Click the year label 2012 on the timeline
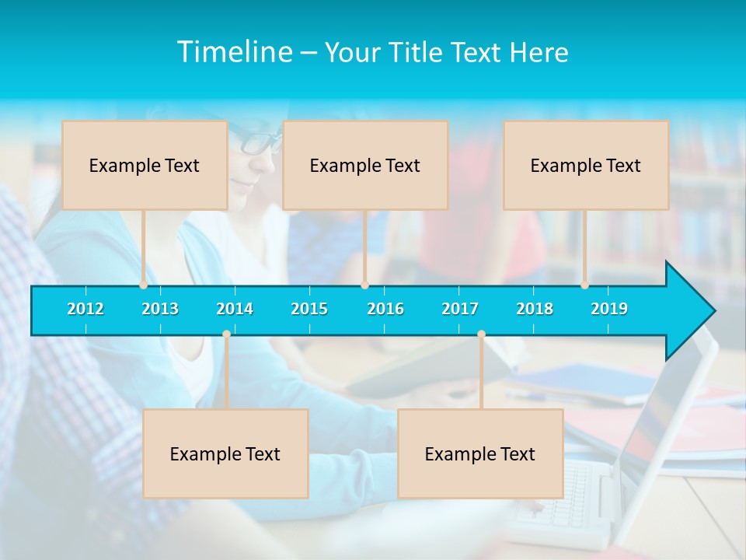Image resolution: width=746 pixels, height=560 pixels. [85, 309]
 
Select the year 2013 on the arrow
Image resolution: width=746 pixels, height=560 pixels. [160, 309]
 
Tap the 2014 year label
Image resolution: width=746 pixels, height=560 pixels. [235, 309]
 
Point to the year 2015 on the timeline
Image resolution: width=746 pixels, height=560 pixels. [309, 309]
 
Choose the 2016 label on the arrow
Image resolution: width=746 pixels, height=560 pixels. [385, 309]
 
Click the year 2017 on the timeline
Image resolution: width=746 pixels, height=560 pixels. [460, 309]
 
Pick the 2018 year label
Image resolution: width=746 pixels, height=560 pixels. [535, 309]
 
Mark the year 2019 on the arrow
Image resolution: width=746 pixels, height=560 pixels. [609, 309]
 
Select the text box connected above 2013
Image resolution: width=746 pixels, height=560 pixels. [145, 165]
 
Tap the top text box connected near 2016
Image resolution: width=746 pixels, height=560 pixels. [365, 165]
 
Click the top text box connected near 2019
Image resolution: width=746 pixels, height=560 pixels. [586, 165]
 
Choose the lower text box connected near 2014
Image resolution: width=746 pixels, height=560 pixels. [225, 453]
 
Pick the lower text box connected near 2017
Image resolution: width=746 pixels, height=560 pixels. [480, 453]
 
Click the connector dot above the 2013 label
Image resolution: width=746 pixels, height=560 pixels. [143, 285]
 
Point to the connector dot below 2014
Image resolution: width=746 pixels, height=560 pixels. [226, 334]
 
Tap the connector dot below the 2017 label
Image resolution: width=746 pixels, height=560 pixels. [481, 334]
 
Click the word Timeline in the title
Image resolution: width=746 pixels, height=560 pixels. [234, 52]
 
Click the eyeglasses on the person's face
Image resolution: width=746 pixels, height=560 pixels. [260, 142]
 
